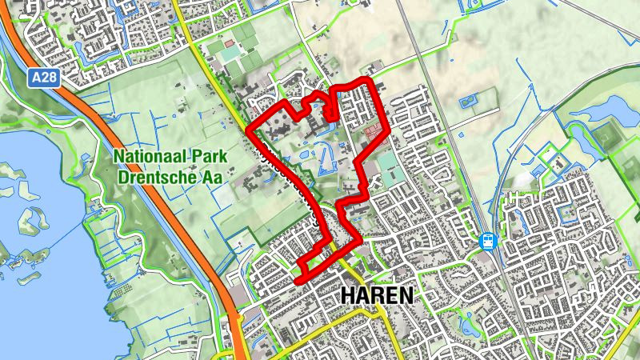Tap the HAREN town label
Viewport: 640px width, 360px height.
point(377,295)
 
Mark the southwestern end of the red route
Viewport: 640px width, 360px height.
point(298,280)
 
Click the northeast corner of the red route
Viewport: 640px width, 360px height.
point(370,79)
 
